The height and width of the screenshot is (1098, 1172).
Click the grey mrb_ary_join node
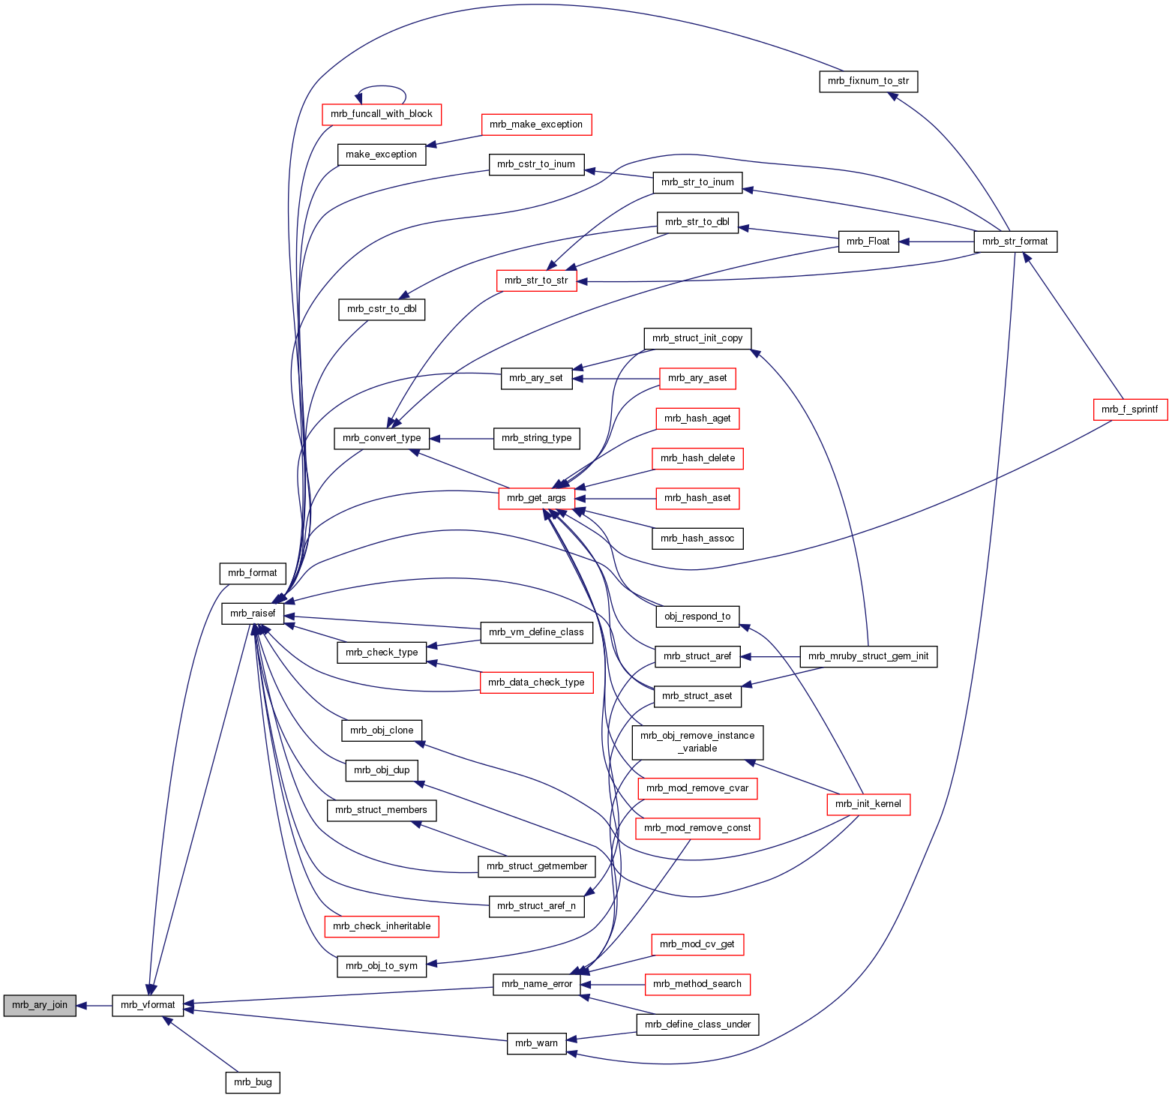point(40,1005)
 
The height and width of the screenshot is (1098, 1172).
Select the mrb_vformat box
point(148,1005)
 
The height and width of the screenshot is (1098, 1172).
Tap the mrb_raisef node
point(253,613)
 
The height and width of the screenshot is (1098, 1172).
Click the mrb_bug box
point(253,1082)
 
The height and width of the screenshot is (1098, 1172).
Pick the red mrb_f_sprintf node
point(1129,409)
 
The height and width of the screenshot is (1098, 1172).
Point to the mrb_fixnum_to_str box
point(868,81)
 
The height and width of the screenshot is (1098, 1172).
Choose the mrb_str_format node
point(1015,241)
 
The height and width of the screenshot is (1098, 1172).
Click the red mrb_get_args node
point(536,498)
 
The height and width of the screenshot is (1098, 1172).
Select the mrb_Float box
point(868,241)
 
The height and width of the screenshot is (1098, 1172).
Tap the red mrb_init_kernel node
point(868,804)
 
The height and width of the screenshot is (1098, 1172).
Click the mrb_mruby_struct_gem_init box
point(868,656)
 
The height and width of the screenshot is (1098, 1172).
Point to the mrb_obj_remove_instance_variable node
point(697,742)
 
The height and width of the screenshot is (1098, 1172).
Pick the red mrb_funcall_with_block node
point(382,114)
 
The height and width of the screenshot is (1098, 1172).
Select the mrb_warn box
point(536,1043)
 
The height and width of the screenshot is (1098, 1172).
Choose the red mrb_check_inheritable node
point(382,926)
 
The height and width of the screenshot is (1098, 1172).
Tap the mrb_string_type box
point(536,438)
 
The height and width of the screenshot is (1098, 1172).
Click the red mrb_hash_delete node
point(697,458)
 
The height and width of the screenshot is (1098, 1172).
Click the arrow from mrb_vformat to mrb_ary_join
point(94,1005)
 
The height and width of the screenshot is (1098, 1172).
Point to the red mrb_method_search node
point(697,984)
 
